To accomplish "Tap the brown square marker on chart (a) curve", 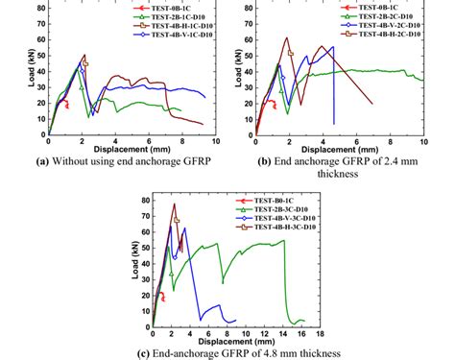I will (85, 63).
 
